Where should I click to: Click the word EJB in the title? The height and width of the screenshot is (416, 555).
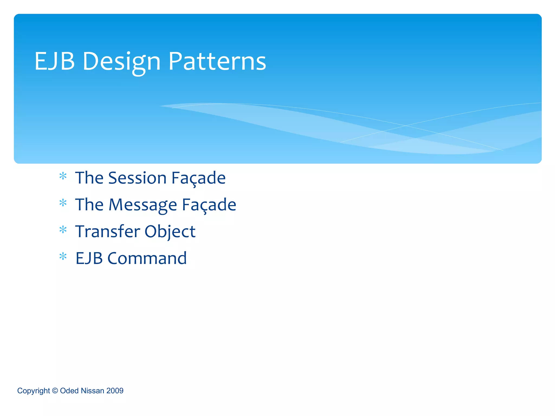[54, 61]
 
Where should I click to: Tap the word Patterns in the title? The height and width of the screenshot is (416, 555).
[217, 61]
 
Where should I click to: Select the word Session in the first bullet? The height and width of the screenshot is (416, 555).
[137, 178]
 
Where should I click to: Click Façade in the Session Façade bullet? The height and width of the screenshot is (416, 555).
[198, 178]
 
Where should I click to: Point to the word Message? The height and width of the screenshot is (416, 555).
[143, 205]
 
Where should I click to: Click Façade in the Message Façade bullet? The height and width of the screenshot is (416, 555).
[209, 205]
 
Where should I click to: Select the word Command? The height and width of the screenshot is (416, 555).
[147, 258]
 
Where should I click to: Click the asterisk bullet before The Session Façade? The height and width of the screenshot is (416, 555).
[63, 176]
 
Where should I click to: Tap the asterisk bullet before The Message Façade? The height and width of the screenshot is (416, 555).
[63, 203]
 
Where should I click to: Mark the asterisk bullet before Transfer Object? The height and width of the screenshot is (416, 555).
[63, 230]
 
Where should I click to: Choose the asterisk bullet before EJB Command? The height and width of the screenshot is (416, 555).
[63, 256]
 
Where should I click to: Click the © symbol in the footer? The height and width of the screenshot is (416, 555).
[55, 391]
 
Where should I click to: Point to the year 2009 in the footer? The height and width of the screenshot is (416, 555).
[115, 391]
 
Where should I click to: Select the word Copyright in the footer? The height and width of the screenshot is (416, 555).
[33, 391]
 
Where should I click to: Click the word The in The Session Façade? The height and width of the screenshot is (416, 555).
[89, 178]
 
